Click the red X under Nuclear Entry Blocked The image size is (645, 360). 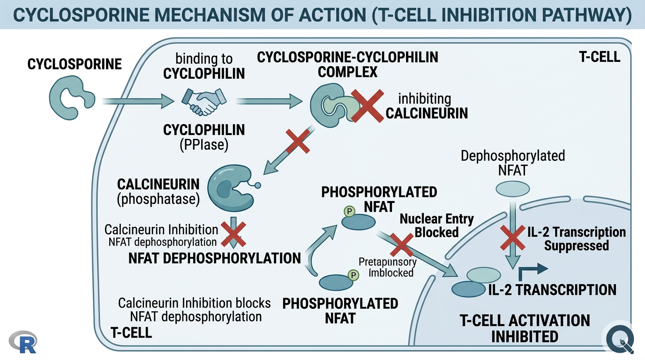click(401, 245)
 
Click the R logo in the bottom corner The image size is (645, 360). click(22, 342)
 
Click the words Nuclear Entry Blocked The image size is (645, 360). click(436, 225)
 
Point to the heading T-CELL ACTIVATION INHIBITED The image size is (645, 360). click(525, 328)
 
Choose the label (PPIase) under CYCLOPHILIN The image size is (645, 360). click(203, 145)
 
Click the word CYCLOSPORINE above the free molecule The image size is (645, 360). click(75, 64)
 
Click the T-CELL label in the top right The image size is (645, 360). click(600, 57)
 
